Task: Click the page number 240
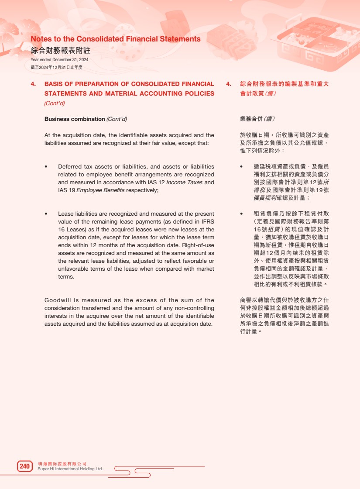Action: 25,466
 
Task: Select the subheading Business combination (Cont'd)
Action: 86,119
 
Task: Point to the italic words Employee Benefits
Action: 100,190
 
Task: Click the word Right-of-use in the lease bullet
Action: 198,245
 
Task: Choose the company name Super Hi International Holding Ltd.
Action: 71,469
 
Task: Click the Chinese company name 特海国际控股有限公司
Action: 62,463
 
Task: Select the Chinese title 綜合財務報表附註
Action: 60,50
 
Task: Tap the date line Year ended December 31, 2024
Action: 59,60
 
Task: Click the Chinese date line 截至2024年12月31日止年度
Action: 57,67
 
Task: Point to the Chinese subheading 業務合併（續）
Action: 257,119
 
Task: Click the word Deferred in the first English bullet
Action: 70,166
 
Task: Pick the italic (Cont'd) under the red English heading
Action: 55,103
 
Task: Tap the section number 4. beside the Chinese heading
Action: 228,84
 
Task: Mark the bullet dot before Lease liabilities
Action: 46,214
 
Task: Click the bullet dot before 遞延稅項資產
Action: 242,166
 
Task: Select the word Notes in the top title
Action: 41,39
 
